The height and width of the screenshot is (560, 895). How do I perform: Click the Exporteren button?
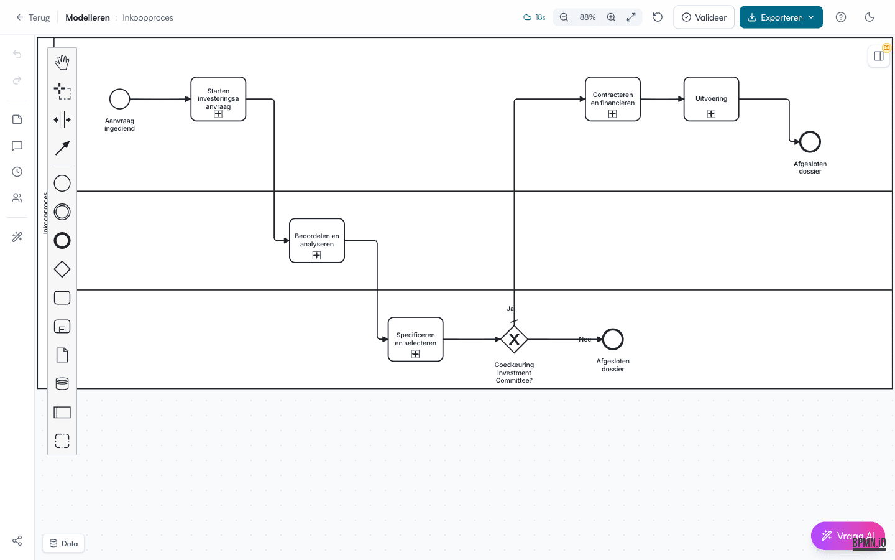(781, 17)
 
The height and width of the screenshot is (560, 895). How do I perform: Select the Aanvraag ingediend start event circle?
(119, 99)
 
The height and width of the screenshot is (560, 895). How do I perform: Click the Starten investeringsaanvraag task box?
(218, 98)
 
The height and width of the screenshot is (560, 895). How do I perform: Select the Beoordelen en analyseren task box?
(317, 240)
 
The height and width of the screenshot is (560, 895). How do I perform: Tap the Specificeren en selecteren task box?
(415, 339)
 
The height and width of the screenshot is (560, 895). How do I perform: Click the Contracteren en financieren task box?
(613, 99)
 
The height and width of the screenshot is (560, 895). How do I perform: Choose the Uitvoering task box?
(711, 99)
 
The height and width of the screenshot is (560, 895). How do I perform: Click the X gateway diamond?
(514, 339)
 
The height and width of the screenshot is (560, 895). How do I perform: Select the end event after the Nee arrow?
(613, 339)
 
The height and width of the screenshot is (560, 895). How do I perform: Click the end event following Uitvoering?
(810, 142)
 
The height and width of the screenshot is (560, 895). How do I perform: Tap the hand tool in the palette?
(62, 62)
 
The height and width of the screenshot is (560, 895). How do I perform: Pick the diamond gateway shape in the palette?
(62, 269)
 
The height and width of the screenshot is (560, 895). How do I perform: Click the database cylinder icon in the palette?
(62, 384)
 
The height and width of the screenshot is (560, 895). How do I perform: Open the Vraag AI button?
(848, 536)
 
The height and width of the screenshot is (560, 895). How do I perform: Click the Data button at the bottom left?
(63, 543)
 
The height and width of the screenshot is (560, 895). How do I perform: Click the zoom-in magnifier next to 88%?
(612, 17)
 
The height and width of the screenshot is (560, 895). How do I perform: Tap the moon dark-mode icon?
(870, 17)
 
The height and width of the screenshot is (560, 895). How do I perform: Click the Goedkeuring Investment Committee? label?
(514, 373)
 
